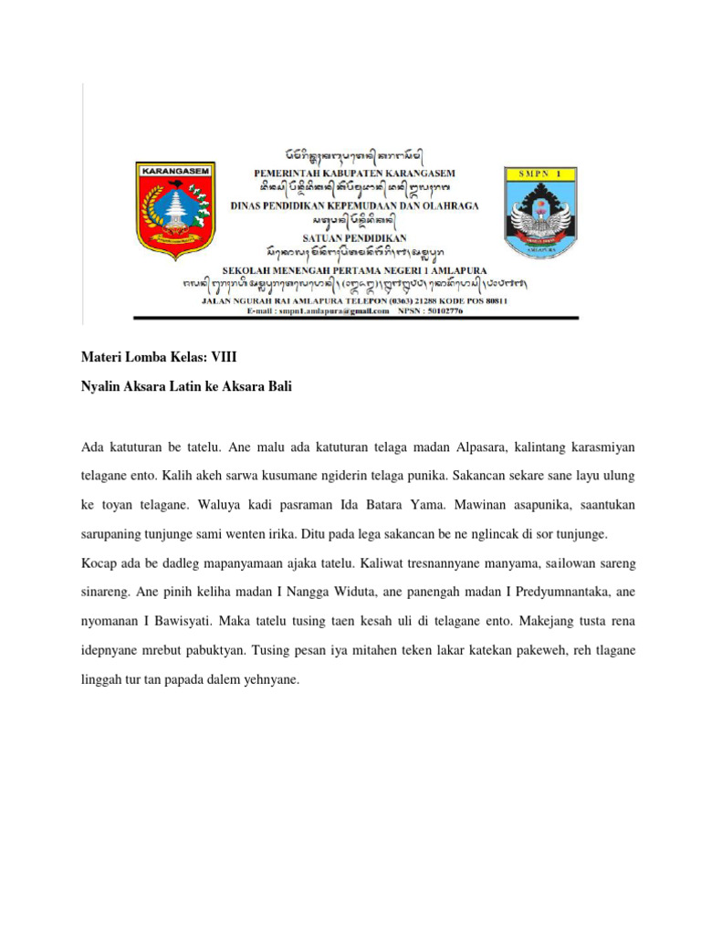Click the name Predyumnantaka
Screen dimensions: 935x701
click(559, 592)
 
